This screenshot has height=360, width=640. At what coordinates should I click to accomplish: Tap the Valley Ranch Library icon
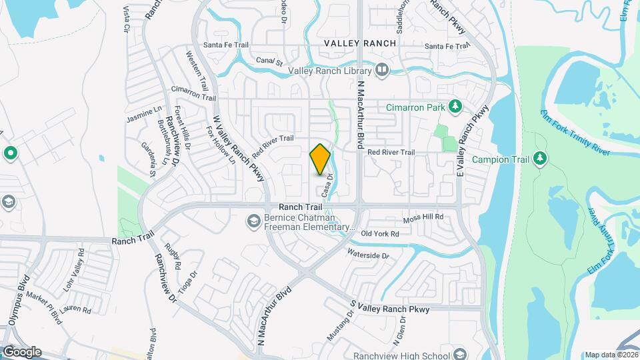[382, 69]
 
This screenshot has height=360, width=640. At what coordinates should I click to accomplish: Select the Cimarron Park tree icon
[455, 107]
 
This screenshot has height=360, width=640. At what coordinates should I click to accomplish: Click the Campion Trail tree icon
[541, 159]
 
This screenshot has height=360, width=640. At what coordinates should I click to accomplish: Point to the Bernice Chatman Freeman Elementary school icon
[253, 219]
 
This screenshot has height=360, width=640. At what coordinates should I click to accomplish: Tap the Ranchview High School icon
[459, 354]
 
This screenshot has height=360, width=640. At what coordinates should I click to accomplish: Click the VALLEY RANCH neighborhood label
[360, 43]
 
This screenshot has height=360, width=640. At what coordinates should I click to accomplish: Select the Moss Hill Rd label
[424, 217]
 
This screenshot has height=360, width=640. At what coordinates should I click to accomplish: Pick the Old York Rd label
[379, 234]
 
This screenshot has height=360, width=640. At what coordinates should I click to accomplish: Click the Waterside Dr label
[367, 254]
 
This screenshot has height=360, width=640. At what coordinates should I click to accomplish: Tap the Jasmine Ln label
[145, 115]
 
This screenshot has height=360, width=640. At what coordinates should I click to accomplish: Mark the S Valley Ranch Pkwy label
[391, 307]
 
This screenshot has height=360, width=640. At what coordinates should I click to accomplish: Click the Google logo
[21, 351]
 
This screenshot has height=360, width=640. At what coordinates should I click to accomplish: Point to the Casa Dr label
[327, 185]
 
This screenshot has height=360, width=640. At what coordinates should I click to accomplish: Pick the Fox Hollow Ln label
[221, 145]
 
